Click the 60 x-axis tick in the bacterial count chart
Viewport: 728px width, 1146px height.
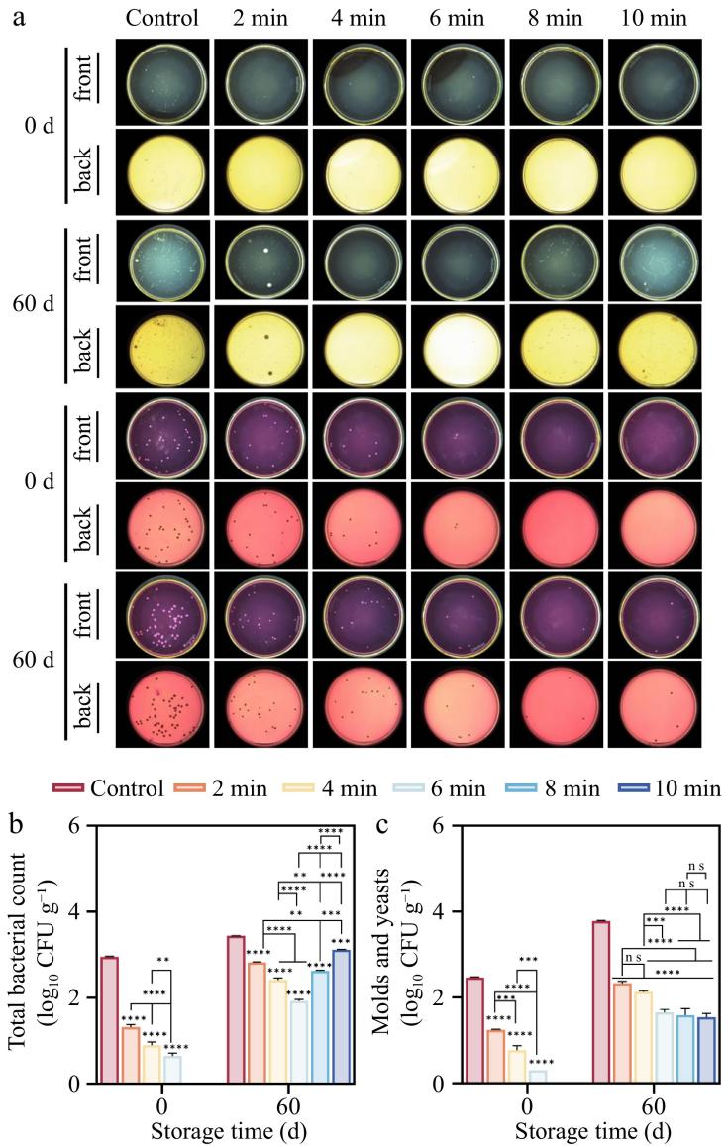click(x=287, y=1104)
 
